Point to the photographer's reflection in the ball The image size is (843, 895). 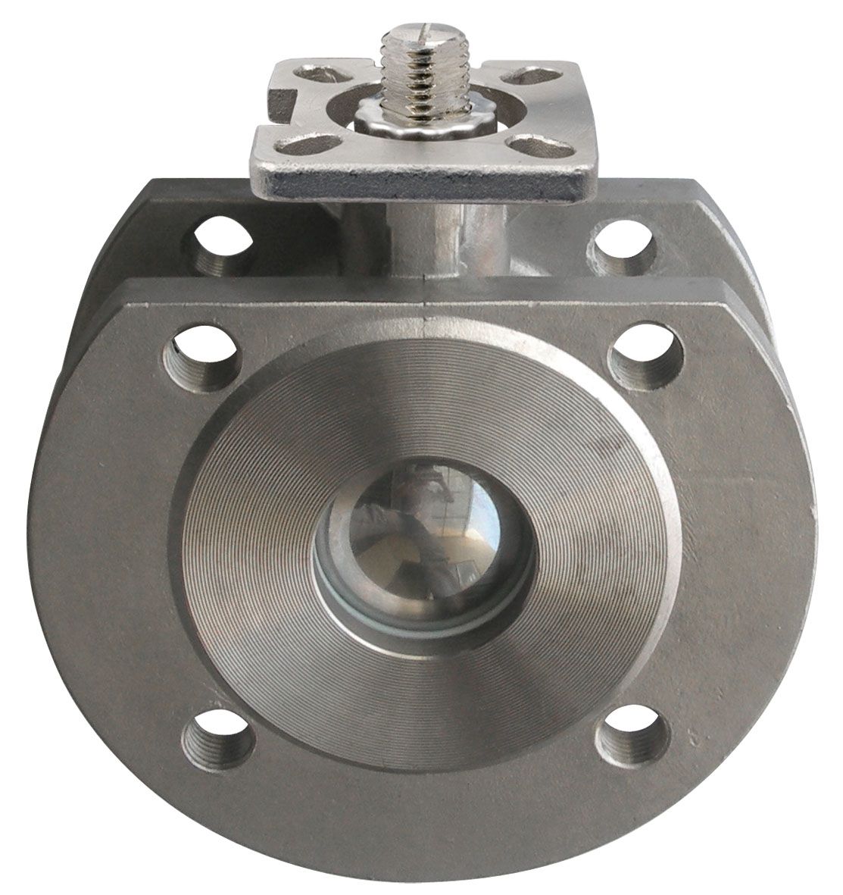tap(409, 523)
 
